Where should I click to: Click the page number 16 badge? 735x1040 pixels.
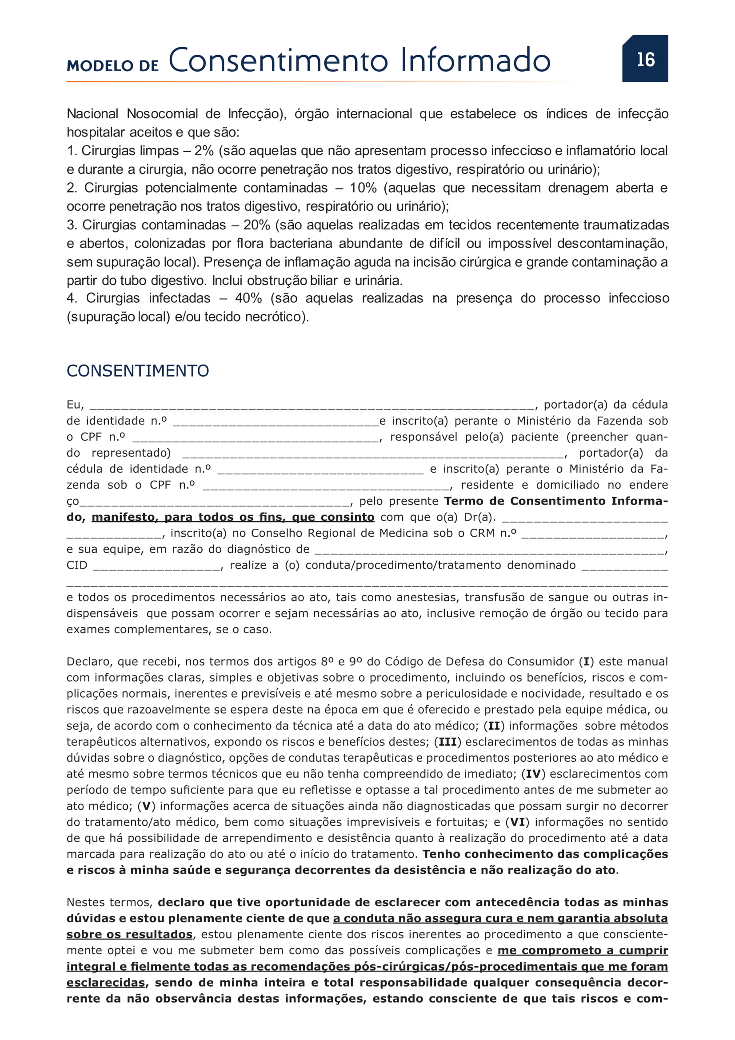point(645,59)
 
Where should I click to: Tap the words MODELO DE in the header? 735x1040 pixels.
point(113,66)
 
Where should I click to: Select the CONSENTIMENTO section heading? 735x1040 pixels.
point(138,370)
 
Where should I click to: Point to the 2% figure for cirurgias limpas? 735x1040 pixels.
point(204,150)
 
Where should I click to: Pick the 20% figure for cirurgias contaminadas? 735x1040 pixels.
point(256,225)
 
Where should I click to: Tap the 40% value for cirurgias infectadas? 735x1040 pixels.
point(248,298)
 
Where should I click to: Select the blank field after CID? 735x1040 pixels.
point(156,566)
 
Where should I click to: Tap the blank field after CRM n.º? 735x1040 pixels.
point(593,534)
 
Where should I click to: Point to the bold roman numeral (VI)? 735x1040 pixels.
point(517,822)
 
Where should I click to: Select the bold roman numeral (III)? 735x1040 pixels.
point(447,742)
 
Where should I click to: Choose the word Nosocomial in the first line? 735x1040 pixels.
point(162,114)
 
